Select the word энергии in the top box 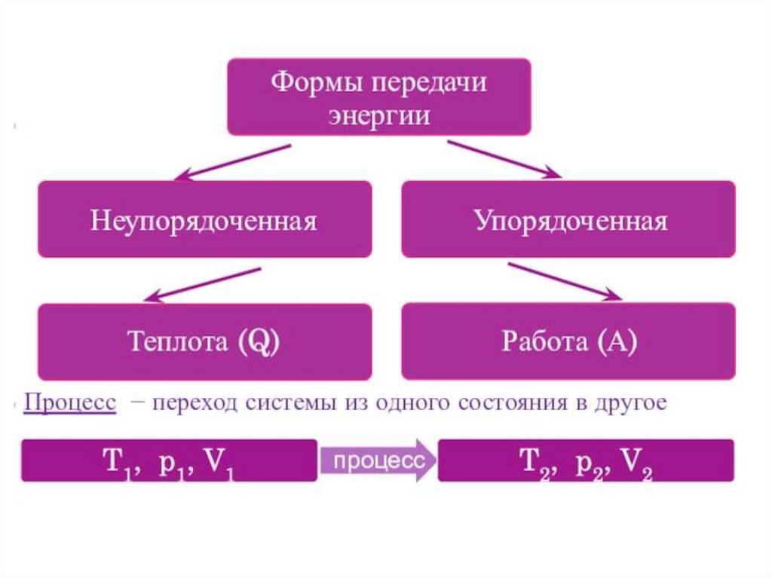pyautogui.click(x=378, y=116)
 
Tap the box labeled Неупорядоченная pyautogui.click(x=204, y=221)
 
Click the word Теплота pyautogui.click(x=177, y=342)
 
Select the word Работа pyautogui.click(x=543, y=342)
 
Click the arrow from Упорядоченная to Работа pyautogui.click(x=565, y=280)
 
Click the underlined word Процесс pyautogui.click(x=69, y=402)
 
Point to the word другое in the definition pyautogui.click(x=631, y=403)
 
